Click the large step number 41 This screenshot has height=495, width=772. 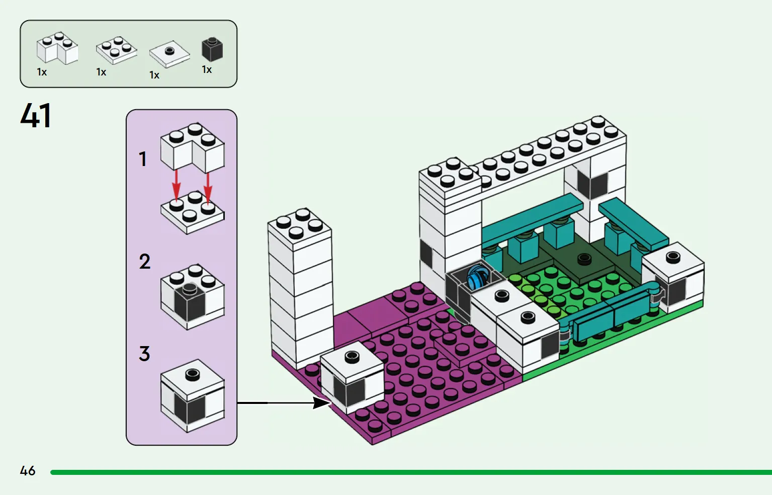[x=36, y=116]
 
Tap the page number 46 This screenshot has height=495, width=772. [x=28, y=470]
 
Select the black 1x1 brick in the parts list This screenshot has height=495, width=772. [x=212, y=50]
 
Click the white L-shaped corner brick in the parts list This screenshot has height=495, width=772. [x=57, y=48]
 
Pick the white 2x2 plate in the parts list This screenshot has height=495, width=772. [x=117, y=50]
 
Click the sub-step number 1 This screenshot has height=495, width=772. [x=143, y=159]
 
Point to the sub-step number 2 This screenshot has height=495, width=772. [x=145, y=261]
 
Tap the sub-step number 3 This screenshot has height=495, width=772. [x=144, y=353]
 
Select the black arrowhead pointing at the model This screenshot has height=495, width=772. [x=321, y=402]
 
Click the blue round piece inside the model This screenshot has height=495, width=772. [x=477, y=278]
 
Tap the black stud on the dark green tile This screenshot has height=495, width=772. [x=584, y=258]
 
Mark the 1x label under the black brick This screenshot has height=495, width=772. [x=207, y=69]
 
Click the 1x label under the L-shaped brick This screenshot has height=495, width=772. [x=42, y=72]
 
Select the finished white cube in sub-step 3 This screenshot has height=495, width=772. [x=192, y=396]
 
